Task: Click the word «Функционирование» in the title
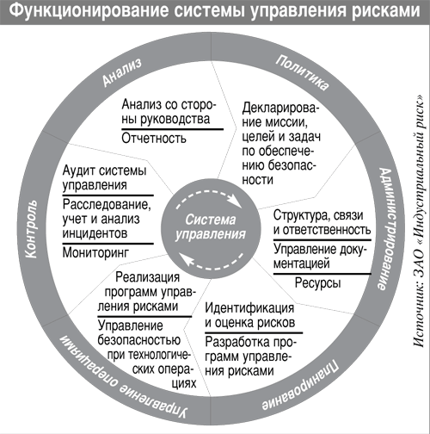91,10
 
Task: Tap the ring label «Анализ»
122,72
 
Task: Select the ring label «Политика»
302,72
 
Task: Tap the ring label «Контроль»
31,229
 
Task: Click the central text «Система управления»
211,227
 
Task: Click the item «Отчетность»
154,139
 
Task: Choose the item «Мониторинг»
95,252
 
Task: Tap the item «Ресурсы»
317,282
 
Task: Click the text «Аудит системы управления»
104,178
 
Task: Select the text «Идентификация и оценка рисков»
249,315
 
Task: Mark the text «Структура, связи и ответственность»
322,222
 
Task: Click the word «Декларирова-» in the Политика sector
280,108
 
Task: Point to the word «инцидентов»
95,233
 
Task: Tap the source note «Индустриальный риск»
419,170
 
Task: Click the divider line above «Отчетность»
172,129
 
